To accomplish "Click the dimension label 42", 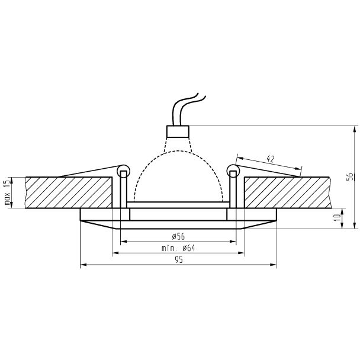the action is click(271, 159).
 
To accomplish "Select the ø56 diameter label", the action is click(178, 236).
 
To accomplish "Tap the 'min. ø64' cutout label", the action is click(178, 248).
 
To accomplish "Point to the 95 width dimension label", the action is click(179, 260).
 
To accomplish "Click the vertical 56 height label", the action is click(350, 176).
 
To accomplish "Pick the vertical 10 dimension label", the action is click(337, 217).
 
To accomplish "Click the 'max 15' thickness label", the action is click(7, 192).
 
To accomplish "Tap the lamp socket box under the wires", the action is click(178, 131).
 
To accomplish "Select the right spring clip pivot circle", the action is click(233, 171).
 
